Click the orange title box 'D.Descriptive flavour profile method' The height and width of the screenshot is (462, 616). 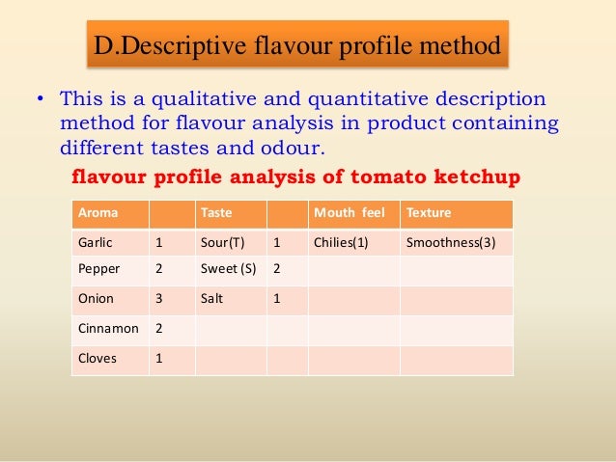coord(297,45)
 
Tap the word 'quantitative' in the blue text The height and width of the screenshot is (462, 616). coord(361,99)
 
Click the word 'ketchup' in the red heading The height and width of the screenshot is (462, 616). coord(479,177)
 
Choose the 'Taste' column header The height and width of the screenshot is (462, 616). coord(215,212)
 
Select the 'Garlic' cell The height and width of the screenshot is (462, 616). coord(96,242)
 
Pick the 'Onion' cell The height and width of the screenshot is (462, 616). coord(96,299)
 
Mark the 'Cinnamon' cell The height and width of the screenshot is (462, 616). coord(107,329)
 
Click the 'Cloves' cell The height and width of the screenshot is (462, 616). coord(98,359)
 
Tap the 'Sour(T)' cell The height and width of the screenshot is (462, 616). coord(223,242)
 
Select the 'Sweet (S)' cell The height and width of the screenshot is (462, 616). coord(228,270)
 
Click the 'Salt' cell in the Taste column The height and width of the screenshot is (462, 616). coord(212,299)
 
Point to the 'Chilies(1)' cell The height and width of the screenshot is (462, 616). coord(341,242)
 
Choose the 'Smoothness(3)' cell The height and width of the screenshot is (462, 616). coord(451,242)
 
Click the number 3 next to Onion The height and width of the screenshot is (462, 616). coord(159,299)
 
